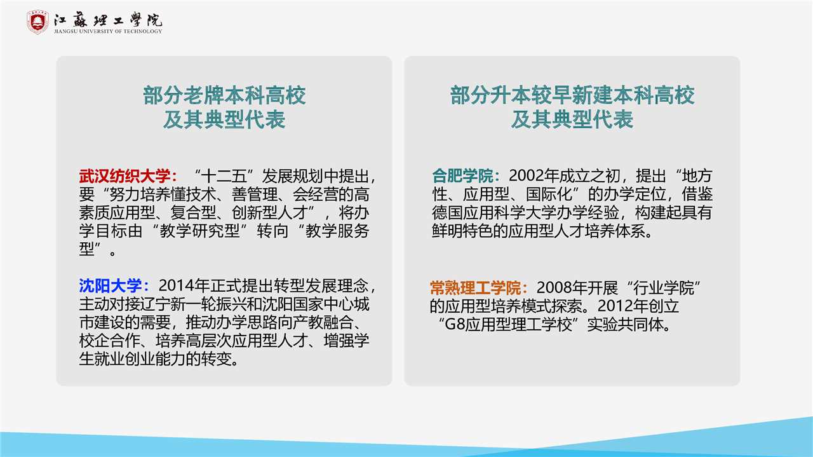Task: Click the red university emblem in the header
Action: click(x=37, y=22)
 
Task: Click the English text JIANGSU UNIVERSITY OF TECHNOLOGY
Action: click(x=108, y=31)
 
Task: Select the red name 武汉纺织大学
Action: click(x=125, y=176)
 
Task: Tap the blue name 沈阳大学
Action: click(x=110, y=286)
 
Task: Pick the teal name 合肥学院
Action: click(x=462, y=176)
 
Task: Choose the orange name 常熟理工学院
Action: click(x=476, y=288)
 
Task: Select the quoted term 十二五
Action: click(x=224, y=176)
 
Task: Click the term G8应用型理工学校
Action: click(x=508, y=324)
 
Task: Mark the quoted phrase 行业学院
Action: click(x=664, y=288)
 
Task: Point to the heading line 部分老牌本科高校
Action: click(x=224, y=95)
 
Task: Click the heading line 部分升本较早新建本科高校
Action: click(x=572, y=95)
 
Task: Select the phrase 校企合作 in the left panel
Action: click(x=110, y=341)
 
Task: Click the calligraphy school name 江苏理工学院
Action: click(x=108, y=20)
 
